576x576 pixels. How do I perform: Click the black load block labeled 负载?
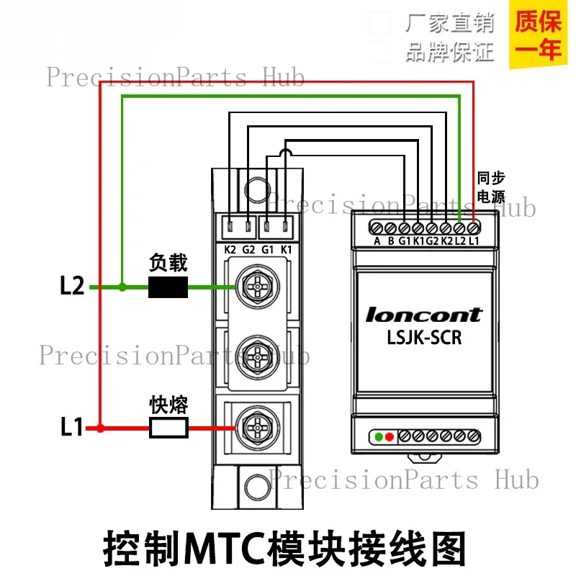pos(168,287)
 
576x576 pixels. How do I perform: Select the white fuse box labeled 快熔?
pos(168,428)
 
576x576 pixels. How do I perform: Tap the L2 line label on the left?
pos(72,285)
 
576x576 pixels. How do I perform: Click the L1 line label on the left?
pos(71,426)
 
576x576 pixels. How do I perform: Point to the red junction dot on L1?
pos(100,428)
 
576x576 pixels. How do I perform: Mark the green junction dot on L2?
pos(122,287)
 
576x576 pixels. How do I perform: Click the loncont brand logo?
pos(423,315)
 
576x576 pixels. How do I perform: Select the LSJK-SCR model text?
pos(424,338)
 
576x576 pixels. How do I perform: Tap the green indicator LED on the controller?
pos(379,437)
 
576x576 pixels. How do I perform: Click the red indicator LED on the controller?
pos(390,437)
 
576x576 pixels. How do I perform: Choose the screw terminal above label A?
pos(376,228)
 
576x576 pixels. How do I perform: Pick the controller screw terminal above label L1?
pos(473,228)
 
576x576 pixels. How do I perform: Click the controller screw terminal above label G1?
pos(404,228)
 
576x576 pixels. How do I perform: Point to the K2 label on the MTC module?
pos(230,250)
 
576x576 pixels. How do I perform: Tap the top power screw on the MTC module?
pos(258,287)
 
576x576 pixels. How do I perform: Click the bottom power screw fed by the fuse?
pos(258,428)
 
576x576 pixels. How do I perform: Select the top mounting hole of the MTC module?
pos(257,189)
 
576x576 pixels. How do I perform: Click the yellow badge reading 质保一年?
pos(538,35)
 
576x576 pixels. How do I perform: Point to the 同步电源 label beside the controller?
pos(491,187)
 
